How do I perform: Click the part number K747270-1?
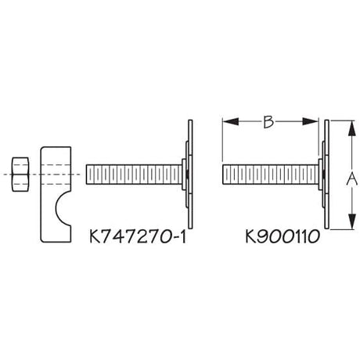point(138,236)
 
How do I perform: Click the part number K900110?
point(283,236)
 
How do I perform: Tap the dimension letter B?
point(268,121)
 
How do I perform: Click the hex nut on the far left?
point(20,175)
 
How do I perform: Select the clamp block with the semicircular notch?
point(56,194)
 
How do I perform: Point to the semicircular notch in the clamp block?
point(63,208)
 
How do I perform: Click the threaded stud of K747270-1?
point(134,175)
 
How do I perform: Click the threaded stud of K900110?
point(271,175)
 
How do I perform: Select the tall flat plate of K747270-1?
point(190,175)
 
